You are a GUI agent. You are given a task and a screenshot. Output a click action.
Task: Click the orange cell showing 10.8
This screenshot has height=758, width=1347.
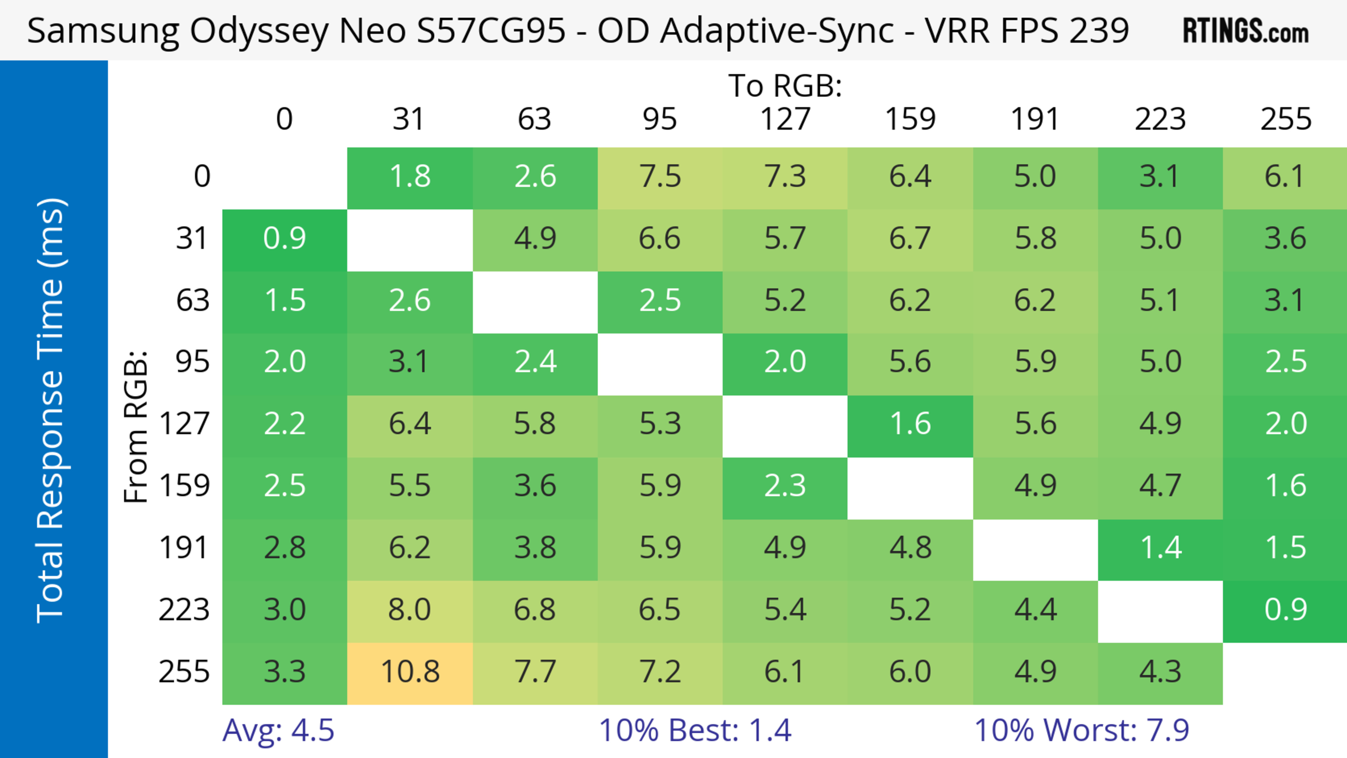[x=410, y=672]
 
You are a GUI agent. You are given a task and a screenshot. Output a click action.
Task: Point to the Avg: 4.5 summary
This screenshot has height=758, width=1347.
[x=278, y=730]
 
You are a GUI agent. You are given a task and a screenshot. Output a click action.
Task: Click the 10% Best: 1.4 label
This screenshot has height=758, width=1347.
[x=695, y=730]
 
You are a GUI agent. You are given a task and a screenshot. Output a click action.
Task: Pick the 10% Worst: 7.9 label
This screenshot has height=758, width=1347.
[x=1081, y=730]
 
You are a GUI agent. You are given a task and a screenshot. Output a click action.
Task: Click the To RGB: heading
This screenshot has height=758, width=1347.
[x=785, y=86]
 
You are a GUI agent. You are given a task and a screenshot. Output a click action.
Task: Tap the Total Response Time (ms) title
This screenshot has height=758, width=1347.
[x=51, y=410]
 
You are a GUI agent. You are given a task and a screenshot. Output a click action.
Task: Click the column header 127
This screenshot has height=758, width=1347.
[x=785, y=119]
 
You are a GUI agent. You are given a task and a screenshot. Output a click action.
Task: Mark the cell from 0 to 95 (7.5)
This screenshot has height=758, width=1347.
[x=660, y=177]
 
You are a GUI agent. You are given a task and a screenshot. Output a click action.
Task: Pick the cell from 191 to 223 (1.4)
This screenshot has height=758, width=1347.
[x=1160, y=548]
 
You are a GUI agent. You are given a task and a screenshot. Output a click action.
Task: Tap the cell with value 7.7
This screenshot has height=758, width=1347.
[x=535, y=672]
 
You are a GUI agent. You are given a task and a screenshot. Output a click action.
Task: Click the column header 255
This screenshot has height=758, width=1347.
[x=1285, y=119]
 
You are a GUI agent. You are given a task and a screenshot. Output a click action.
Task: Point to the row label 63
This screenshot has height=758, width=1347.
[x=193, y=301]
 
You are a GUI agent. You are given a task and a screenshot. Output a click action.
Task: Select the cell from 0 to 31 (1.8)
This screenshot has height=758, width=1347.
[x=410, y=177]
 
